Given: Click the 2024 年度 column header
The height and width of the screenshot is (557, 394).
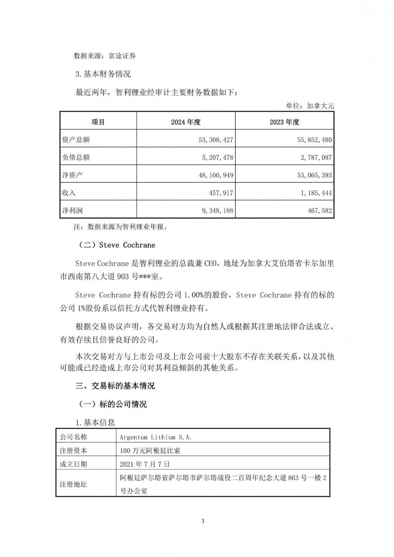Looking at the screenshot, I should pos(186,122).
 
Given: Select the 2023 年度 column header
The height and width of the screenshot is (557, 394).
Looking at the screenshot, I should pos(284,122).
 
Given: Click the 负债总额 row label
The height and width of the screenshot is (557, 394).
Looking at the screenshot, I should pos(76,158).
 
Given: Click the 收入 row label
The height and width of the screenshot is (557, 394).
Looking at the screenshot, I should pos(69,193).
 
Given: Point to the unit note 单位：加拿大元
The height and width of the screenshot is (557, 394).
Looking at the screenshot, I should pos(310,106).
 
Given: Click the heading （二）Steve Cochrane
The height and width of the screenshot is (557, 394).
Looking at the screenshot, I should pos(117,245).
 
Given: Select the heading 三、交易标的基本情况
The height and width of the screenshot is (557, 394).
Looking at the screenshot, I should pos(115,386).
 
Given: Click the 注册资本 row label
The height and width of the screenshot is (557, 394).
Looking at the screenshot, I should pos(73,450).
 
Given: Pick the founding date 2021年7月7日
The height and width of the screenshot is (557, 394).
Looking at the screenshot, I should pos(145,464).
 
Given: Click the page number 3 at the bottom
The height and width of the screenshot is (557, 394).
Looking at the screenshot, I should pos(203,522).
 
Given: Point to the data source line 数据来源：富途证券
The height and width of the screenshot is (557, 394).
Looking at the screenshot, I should pos(105,56).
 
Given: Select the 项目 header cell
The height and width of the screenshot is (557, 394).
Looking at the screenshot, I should pos(98,122).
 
